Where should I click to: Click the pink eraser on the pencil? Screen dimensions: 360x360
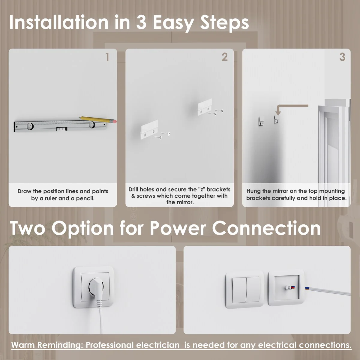(114, 121)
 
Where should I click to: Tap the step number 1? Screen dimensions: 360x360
(107, 57)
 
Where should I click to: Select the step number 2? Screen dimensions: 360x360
(225, 57)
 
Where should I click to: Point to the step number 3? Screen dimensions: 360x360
(342, 57)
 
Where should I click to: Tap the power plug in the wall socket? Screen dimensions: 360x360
(95, 287)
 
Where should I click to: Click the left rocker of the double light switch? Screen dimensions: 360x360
(239, 290)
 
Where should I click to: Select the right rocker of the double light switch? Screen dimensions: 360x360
(253, 289)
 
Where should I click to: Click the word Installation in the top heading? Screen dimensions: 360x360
(59, 22)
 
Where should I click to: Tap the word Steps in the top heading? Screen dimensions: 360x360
(225, 24)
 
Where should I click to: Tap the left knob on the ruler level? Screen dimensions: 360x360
(30, 126)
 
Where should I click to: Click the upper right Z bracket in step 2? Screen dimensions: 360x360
(205, 107)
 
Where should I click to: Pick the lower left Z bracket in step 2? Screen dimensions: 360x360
(149, 130)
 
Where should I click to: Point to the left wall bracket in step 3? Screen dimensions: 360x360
(261, 121)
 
